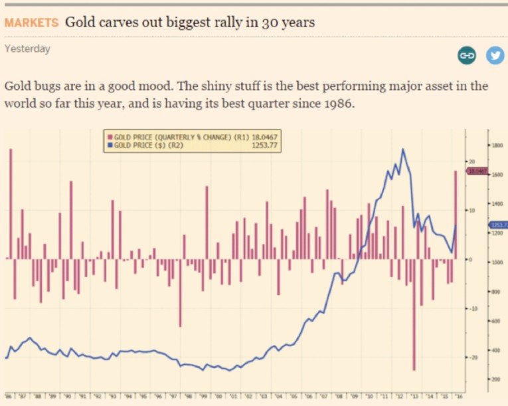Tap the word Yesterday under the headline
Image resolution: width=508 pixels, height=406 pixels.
tap(27, 49)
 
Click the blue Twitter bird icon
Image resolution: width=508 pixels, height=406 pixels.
tap(495, 56)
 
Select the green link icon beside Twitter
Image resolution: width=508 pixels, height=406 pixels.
tap(467, 56)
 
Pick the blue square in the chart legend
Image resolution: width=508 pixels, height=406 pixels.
tap(110, 144)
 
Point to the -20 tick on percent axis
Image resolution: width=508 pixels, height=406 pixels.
tap(472, 357)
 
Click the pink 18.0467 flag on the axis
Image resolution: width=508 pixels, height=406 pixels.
tap(477, 171)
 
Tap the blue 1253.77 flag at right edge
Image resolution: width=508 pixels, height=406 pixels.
tap(498, 225)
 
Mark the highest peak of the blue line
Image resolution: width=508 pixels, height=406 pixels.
tap(403, 150)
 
